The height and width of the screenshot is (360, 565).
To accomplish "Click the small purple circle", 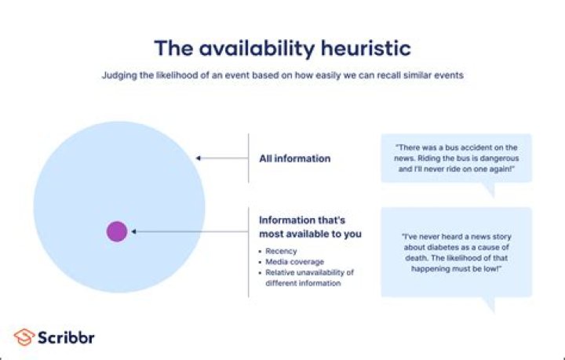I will (117, 231).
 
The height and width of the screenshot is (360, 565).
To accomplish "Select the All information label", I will (294, 158).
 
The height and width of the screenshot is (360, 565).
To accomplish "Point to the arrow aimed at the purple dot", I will (188, 231).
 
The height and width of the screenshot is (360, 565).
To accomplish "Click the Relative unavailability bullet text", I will (310, 272).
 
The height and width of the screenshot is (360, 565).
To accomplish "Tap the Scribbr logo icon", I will (24, 337).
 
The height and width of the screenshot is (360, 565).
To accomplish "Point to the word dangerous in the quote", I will (494, 158).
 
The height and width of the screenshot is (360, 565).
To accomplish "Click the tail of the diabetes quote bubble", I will (489, 305).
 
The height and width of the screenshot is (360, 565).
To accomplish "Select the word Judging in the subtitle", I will (117, 75).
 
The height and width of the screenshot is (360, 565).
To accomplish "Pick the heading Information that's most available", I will (310, 227).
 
